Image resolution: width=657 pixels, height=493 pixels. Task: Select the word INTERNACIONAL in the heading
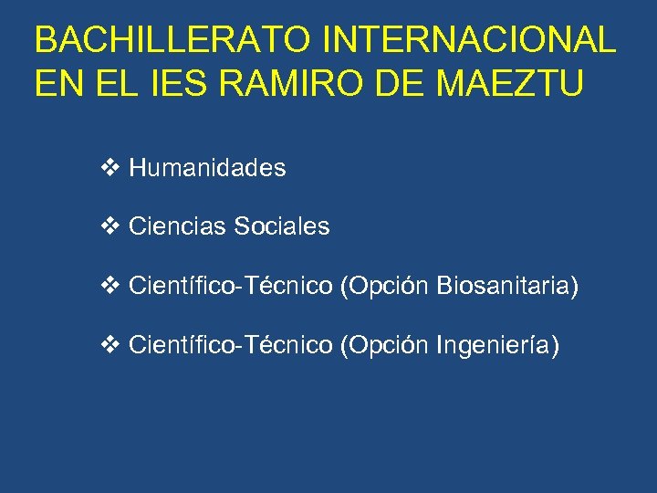[470, 40]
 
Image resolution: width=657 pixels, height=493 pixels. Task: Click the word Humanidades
[207, 168]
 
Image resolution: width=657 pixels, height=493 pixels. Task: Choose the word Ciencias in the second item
[178, 226]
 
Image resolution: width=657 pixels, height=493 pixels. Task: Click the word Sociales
[282, 226]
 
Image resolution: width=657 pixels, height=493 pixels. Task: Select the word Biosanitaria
[507, 287]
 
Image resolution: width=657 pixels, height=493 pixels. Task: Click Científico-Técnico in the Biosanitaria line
[231, 287]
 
